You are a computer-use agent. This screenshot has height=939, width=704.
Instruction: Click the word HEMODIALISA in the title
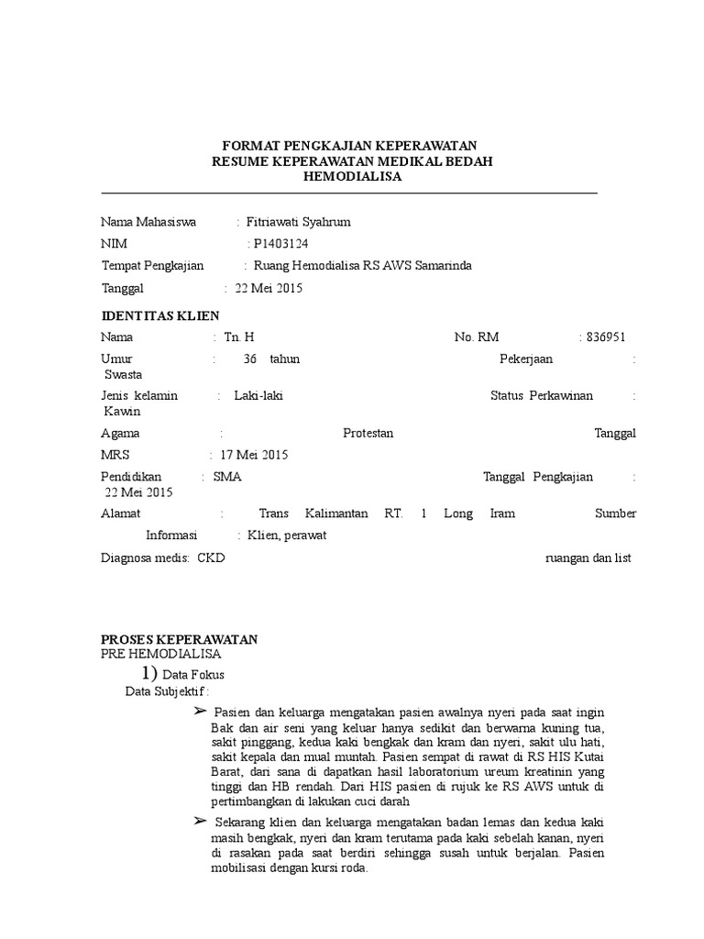(x=352, y=177)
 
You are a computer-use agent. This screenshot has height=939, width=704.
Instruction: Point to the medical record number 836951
(x=605, y=337)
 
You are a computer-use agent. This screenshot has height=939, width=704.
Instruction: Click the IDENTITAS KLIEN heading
(x=159, y=316)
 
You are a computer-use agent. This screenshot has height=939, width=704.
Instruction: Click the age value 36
(x=250, y=359)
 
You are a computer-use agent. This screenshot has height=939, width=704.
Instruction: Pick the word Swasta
(x=124, y=374)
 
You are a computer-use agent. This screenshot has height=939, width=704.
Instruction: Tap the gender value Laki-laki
(x=258, y=395)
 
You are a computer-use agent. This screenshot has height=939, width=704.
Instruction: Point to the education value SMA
(x=227, y=477)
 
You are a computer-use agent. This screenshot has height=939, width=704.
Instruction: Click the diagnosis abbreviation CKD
(x=211, y=558)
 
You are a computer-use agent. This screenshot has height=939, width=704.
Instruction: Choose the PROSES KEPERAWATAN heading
(x=179, y=639)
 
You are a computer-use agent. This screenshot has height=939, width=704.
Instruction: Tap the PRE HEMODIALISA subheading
(x=160, y=654)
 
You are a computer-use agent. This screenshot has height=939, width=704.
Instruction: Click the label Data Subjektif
(x=166, y=691)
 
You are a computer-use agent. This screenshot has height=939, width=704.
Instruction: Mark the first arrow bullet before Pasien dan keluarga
(x=201, y=713)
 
